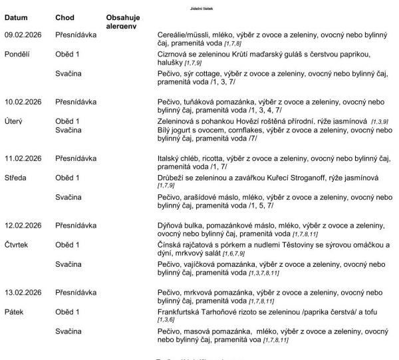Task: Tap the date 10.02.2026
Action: pyautogui.click(x=23, y=101)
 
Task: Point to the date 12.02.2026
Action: pyautogui.click(x=23, y=226)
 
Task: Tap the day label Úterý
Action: pyautogui.click(x=15, y=121)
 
